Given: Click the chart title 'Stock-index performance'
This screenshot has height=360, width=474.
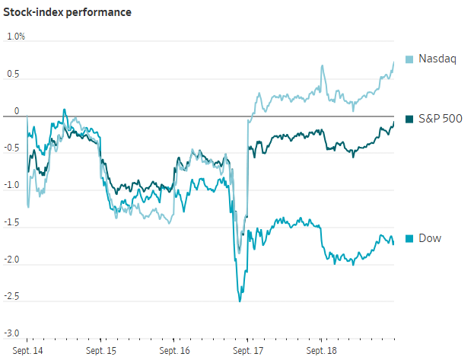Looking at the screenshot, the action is (67, 12).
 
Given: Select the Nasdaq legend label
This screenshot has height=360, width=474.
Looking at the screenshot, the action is (437, 59).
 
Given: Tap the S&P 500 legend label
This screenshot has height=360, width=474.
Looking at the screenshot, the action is (440, 119).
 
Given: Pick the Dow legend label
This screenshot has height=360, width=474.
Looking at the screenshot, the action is (430, 238).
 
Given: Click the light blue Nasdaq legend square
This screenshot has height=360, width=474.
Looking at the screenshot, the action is (409, 59).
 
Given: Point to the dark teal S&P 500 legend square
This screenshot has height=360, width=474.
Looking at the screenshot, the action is (409, 119).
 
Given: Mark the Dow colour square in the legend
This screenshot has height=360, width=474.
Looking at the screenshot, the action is (409, 239).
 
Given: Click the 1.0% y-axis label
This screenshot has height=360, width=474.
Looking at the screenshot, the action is (16, 37).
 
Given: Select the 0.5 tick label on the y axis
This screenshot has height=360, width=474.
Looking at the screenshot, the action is (13, 74).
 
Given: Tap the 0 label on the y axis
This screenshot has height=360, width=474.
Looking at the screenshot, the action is (17, 111).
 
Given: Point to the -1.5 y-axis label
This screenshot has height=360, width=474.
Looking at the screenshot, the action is (11, 222).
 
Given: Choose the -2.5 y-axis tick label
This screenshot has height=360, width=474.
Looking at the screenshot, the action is (11, 296).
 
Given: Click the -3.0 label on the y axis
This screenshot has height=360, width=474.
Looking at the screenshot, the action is (11, 333).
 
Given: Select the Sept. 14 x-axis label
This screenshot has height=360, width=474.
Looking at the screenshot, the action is (27, 351).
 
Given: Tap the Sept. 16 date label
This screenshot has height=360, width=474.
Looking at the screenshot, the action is (174, 351).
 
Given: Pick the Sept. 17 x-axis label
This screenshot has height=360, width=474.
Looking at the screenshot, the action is (248, 351).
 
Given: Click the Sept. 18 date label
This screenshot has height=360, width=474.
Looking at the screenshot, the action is (321, 351).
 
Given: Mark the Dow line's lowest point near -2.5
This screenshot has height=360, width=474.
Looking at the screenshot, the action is (240, 301).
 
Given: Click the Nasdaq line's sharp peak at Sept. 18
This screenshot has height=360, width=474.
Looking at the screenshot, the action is (323, 65).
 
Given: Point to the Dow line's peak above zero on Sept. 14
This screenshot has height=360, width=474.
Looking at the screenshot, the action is (64, 110).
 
